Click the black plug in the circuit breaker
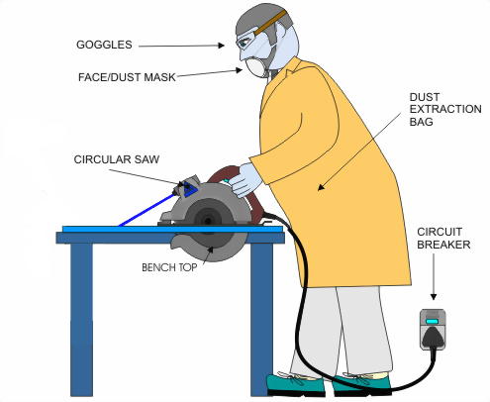coord(434,338)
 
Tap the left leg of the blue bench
coord(81,317)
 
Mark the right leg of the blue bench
coord(261,317)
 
